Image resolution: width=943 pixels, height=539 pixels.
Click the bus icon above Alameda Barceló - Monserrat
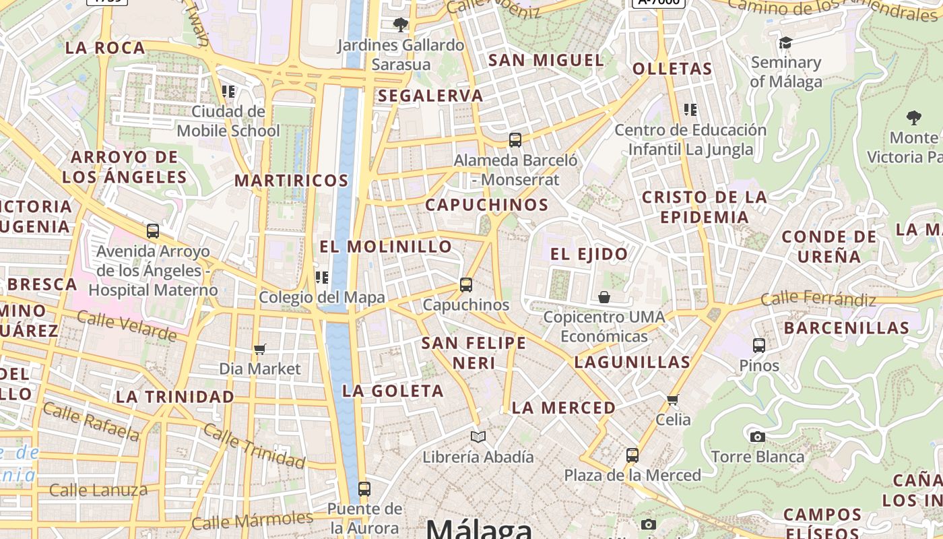coord(515,140)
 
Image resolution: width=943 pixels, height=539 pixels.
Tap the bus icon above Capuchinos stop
coord(466,284)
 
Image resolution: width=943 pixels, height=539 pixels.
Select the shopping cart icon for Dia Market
coord(260,349)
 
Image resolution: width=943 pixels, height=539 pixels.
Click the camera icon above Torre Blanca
coord(758,437)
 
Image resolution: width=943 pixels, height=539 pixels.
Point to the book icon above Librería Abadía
coord(478,437)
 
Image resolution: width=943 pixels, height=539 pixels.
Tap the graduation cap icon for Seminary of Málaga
coord(785,43)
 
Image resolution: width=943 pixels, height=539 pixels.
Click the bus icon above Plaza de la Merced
coord(632,455)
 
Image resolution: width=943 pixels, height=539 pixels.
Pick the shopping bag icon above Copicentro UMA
coord(604,297)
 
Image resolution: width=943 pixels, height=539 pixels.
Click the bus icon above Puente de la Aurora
coord(364,488)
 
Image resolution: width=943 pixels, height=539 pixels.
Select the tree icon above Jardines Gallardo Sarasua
coord(401,26)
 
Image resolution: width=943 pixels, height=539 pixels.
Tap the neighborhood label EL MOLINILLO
coord(386,247)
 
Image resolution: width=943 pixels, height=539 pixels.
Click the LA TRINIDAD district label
coord(175,397)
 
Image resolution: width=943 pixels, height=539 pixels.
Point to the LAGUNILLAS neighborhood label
coord(632,362)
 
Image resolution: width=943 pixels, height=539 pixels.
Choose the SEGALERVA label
coord(430,96)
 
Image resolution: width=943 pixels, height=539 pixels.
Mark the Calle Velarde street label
coord(127,326)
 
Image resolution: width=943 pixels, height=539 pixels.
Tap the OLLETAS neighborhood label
coord(672,69)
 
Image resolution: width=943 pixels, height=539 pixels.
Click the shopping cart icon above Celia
coord(672,400)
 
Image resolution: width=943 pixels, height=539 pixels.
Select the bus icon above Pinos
coord(759,346)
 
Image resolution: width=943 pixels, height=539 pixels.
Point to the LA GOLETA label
coord(393,391)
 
